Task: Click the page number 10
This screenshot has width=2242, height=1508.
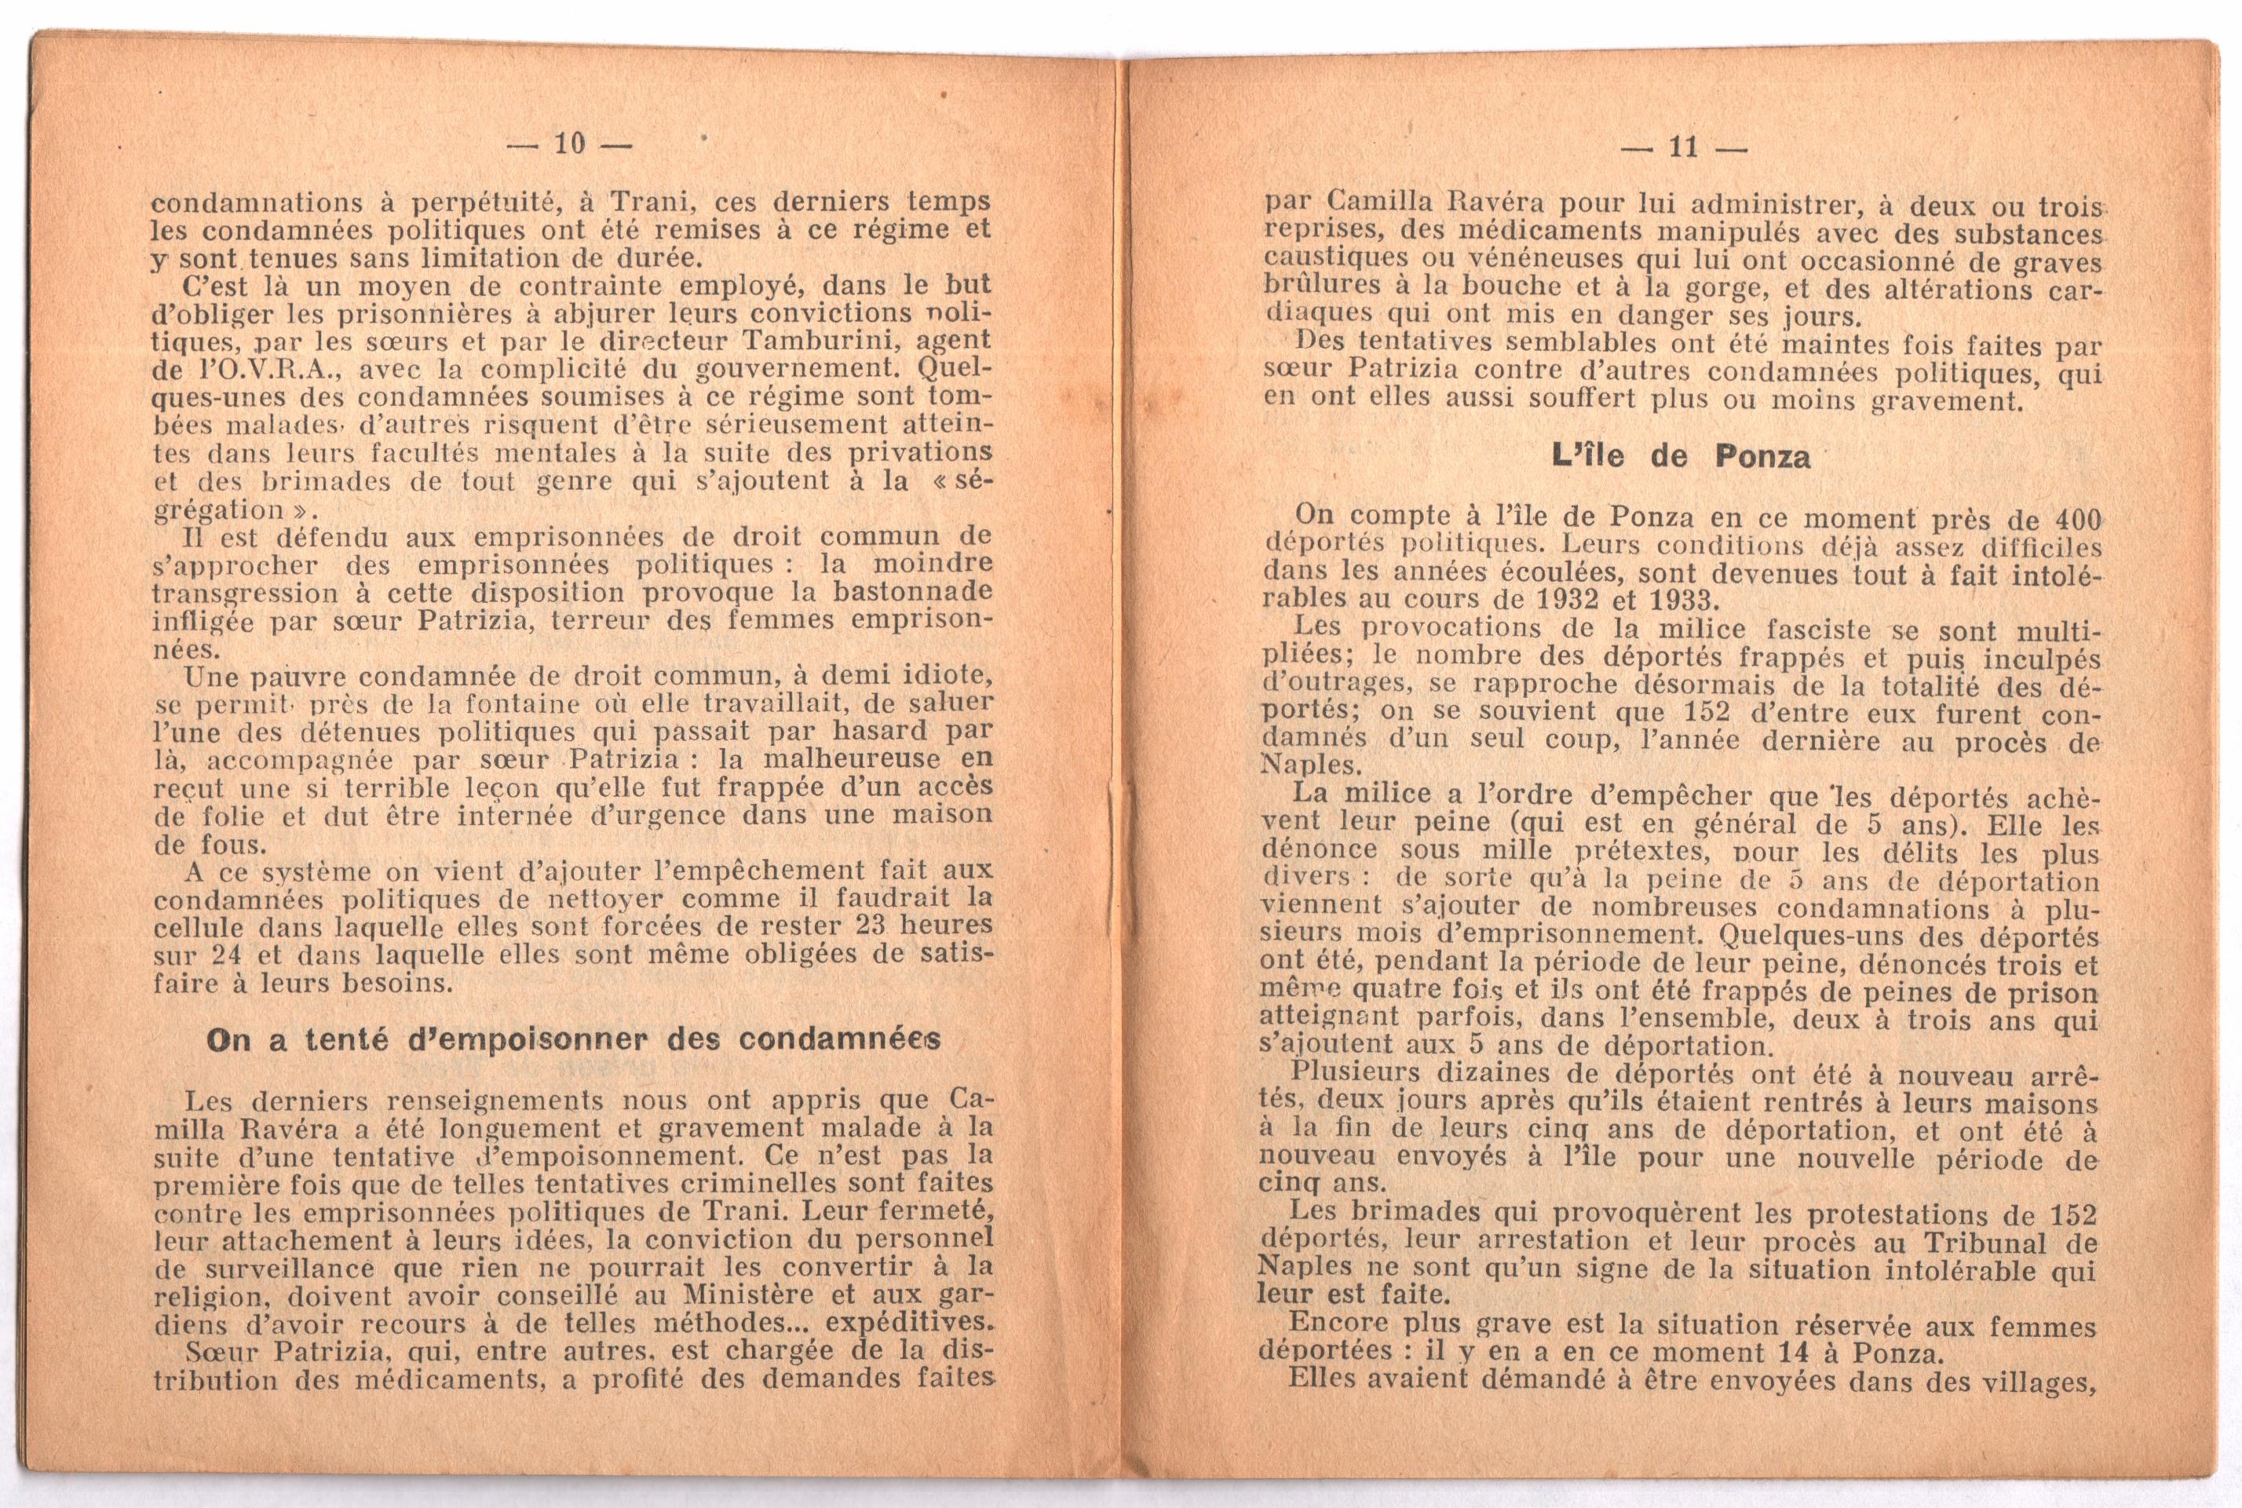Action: point(569,144)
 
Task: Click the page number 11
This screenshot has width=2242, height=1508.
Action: point(1683,147)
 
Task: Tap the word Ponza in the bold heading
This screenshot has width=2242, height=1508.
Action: point(1762,456)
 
